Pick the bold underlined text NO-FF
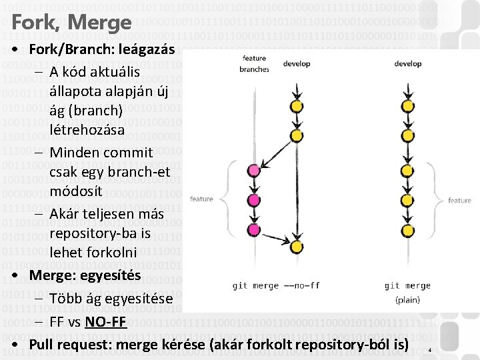pyautogui.click(x=106, y=323)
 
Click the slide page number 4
pyautogui.click(x=430, y=350)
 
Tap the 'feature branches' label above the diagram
pyautogui.click(x=254, y=63)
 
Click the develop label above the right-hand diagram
pyautogui.click(x=407, y=64)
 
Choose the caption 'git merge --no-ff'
pyautogui.click(x=276, y=285)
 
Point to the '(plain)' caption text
pyautogui.click(x=407, y=300)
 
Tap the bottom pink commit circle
pyautogui.click(x=253, y=230)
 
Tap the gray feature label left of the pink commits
pyautogui.click(x=202, y=199)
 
